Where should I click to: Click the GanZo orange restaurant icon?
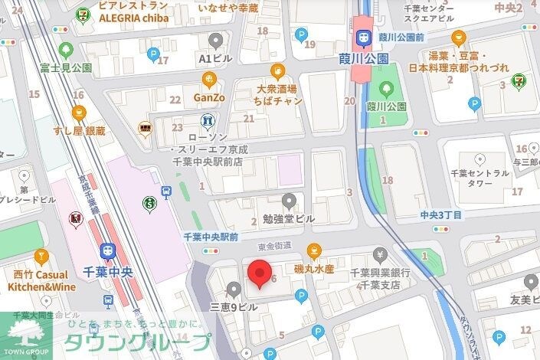pyautogui.click(x=208, y=80)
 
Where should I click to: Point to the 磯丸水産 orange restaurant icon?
pyautogui.click(x=313, y=250)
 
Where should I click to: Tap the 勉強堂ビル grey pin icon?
pyautogui.click(x=289, y=201)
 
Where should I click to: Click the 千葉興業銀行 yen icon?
pyautogui.click(x=381, y=255)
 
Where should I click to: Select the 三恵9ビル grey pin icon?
pyautogui.click(x=234, y=288)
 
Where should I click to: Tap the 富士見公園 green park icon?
pyautogui.click(x=65, y=51)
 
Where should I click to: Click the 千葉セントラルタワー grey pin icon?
pyautogui.click(x=480, y=159)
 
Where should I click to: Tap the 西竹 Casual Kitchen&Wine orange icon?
pyautogui.click(x=41, y=255)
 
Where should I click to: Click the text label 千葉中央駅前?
pyautogui.click(x=211, y=237)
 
